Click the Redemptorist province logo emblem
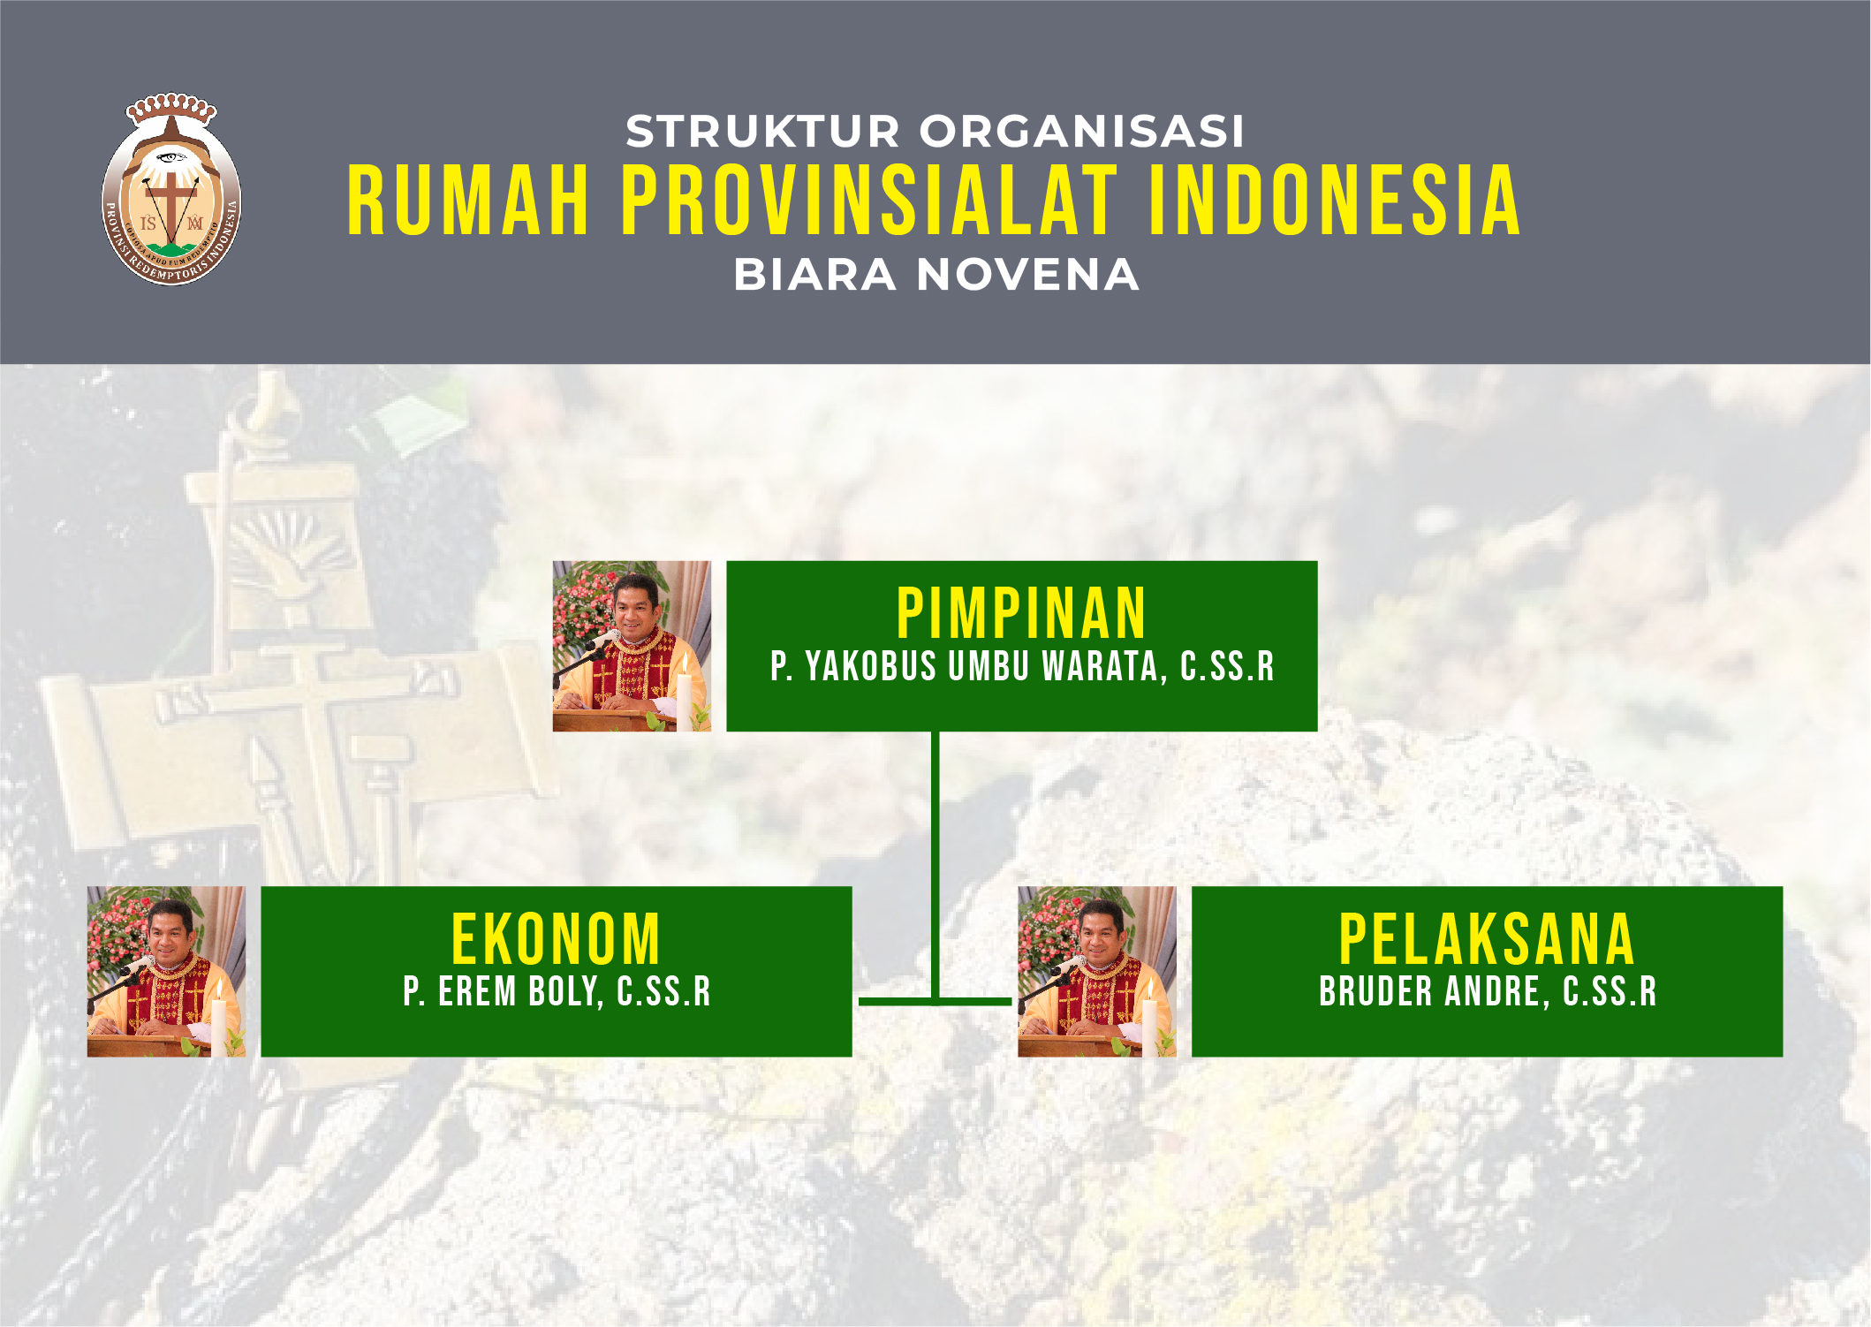coord(171,189)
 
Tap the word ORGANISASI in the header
coord(1082,132)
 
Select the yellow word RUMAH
coord(468,201)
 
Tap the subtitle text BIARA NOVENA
coord(936,274)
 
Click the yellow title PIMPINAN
coord(1021,613)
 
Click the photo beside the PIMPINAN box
coord(632,646)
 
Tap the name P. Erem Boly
coord(504,991)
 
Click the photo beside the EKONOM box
coord(166,971)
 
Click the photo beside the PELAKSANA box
coord(1097,971)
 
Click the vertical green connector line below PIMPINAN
coord(935,866)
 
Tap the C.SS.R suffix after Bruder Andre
coord(1610,991)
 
